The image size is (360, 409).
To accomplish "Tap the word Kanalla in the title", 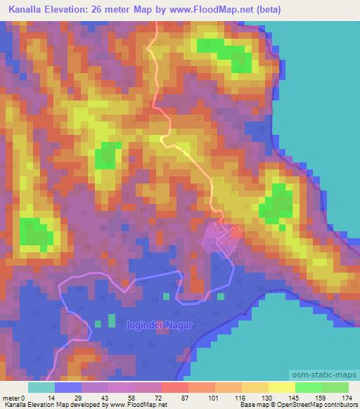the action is tap(30, 9).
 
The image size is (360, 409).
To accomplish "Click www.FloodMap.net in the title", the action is tap(214, 9).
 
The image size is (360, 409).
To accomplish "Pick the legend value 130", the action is tap(258, 398).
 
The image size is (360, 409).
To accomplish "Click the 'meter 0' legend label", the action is tap(14, 398).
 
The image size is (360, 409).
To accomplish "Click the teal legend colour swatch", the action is tap(41, 387).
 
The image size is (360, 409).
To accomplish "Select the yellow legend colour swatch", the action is tap(281, 387).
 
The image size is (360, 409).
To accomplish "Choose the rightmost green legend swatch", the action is tap(335, 387).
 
